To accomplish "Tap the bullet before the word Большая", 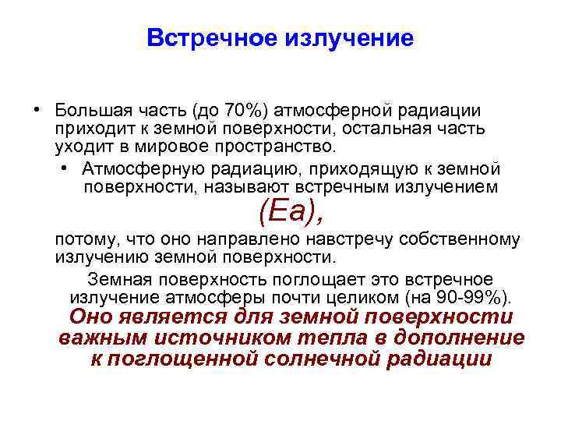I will pos(37,109).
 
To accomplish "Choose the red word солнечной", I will pos(326,359).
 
